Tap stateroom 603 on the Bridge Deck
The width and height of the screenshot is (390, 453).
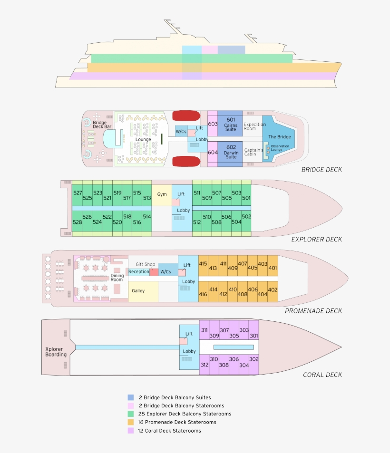(x=213, y=124)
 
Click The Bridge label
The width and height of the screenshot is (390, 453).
(x=279, y=137)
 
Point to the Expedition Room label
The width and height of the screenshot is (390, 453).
(x=254, y=126)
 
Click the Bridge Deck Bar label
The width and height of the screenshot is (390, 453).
(x=102, y=125)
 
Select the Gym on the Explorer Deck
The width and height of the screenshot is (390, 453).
(x=162, y=194)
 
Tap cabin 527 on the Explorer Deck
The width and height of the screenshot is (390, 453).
(x=77, y=193)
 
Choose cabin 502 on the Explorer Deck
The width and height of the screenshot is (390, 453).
(x=246, y=217)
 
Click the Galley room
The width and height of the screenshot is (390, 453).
(x=138, y=291)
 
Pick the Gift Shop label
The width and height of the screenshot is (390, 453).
(x=145, y=264)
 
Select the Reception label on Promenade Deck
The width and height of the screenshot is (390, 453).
(x=139, y=272)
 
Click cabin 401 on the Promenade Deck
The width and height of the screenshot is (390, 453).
(x=273, y=268)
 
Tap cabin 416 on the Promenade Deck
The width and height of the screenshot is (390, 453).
(x=203, y=294)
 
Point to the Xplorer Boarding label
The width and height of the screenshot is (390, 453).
(x=56, y=352)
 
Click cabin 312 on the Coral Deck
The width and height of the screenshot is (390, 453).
(x=205, y=365)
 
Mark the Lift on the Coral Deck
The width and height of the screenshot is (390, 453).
(x=189, y=334)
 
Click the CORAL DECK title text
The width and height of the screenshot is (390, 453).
(x=322, y=375)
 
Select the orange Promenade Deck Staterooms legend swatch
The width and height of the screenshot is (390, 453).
(x=131, y=422)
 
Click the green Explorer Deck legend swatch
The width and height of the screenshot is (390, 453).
(x=131, y=414)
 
